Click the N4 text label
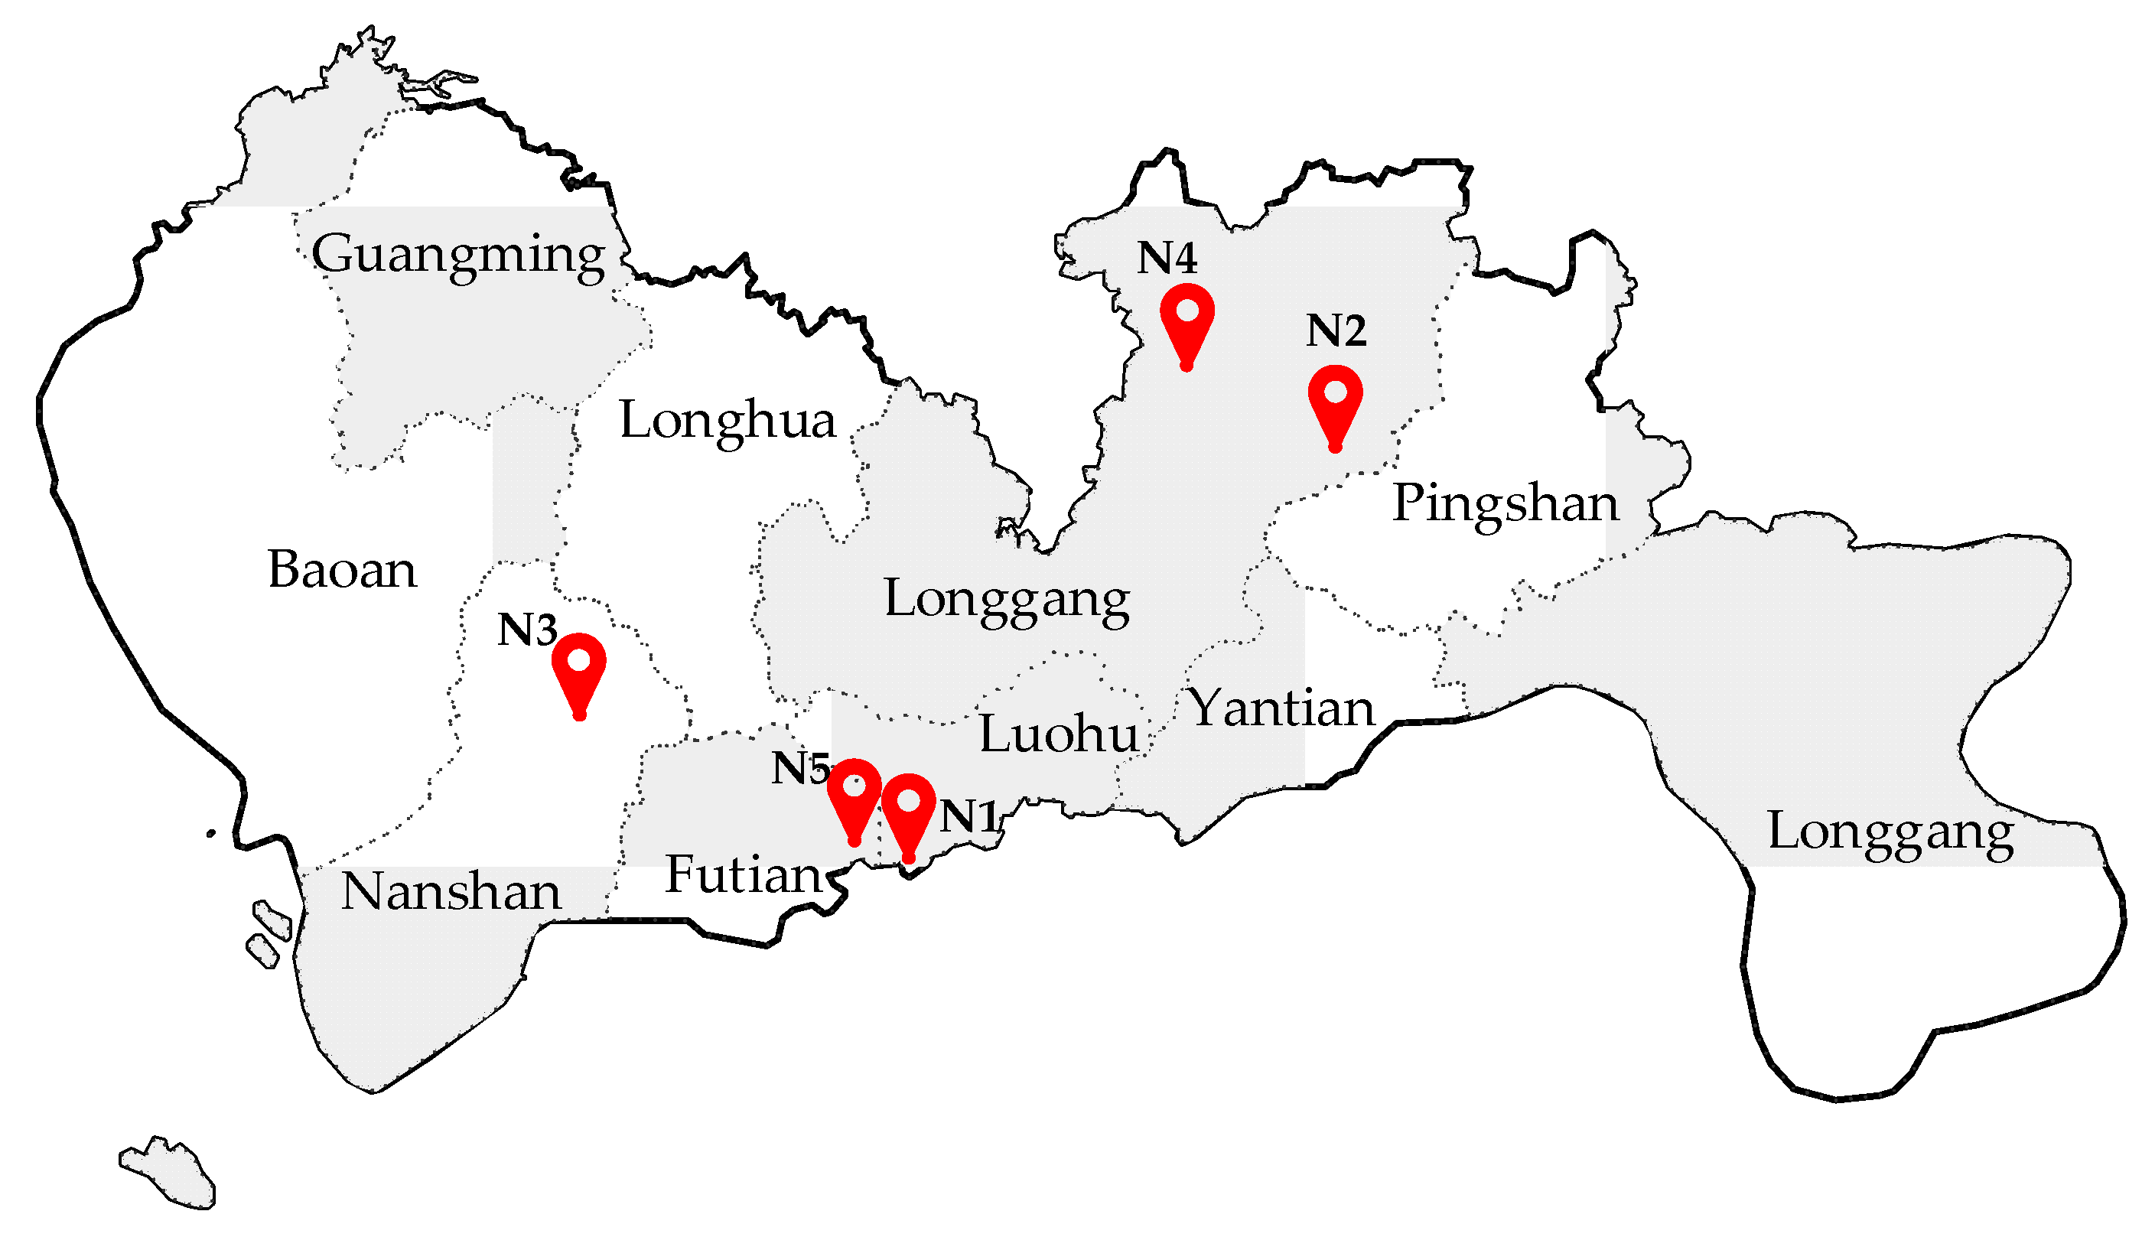(1167, 259)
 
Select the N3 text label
(526, 630)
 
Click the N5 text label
(799, 769)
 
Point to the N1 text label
(969, 817)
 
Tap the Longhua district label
(727, 422)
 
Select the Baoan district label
(342, 570)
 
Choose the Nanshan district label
(451, 893)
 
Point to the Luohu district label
(1059, 735)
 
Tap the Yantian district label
(1280, 709)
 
